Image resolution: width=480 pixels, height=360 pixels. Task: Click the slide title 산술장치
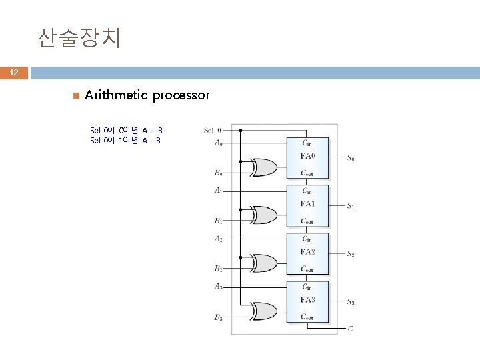coord(79,39)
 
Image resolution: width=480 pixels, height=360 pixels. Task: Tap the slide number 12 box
coord(14,73)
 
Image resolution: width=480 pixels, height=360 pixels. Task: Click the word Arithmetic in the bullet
coord(116,95)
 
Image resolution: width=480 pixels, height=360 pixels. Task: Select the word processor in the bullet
coord(181,95)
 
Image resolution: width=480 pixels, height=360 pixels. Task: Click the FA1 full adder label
coord(308,203)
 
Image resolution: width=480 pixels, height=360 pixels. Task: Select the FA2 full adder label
coord(308,251)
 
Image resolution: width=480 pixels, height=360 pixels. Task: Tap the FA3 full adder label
coord(308,299)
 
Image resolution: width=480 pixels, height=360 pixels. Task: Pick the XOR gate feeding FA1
coord(263,215)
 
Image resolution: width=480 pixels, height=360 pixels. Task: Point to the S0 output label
coord(351,158)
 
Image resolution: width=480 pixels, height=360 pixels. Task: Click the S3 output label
coord(351,302)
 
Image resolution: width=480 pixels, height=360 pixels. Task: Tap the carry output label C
coord(351,329)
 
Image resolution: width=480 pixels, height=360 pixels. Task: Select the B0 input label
coord(218,173)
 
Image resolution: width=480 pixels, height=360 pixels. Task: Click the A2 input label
coord(218,239)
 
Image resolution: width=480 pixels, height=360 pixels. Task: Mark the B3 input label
coord(218,317)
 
